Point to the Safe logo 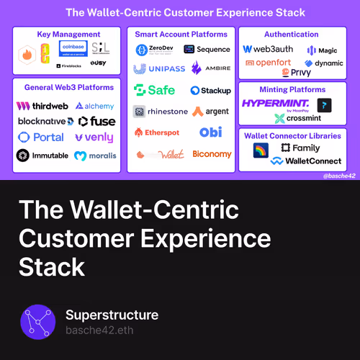pos(154,91)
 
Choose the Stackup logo pos(210,91)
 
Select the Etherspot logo pos(158,132)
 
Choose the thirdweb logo pos(41,106)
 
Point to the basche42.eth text pos(99,330)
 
